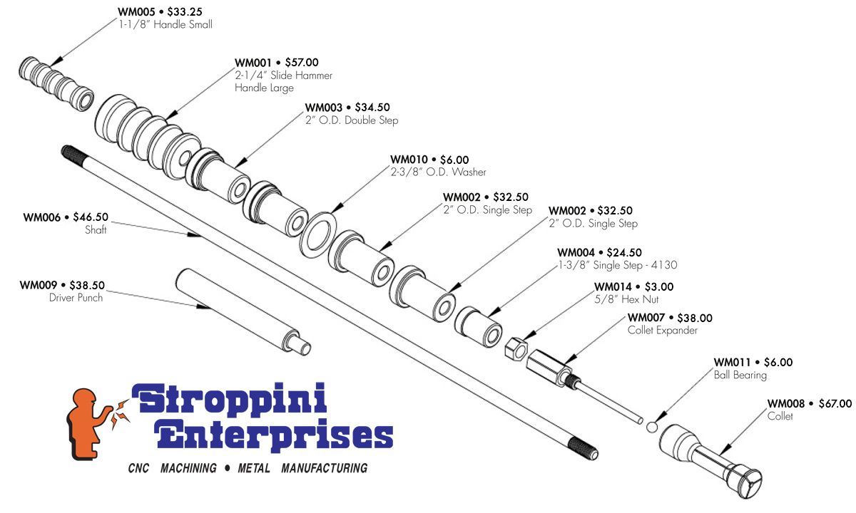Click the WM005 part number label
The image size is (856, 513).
click(136, 12)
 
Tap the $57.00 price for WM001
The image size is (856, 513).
click(302, 62)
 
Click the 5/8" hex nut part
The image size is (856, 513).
click(516, 348)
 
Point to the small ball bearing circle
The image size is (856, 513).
click(652, 427)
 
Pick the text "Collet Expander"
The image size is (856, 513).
click(662, 330)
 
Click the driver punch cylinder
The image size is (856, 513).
click(243, 311)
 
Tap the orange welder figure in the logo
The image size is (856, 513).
click(90, 425)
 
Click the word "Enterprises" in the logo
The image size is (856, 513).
click(274, 435)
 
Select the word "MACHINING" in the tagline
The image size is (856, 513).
click(188, 468)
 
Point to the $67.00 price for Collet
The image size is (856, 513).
click(835, 403)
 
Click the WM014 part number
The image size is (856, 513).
click(613, 286)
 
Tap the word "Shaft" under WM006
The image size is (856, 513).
click(96, 229)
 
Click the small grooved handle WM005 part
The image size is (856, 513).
click(56, 84)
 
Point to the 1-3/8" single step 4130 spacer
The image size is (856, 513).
click(478, 326)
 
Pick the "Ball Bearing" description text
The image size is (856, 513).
click(740, 375)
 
